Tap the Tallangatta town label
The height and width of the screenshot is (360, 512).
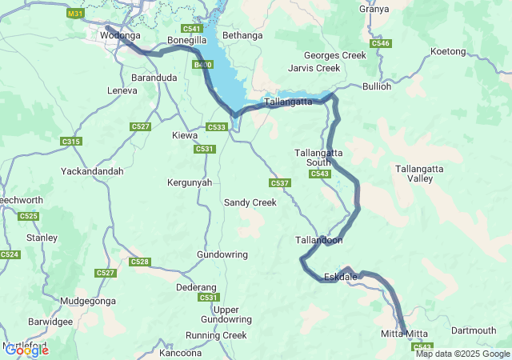(288, 102)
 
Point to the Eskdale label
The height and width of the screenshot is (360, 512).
(341, 277)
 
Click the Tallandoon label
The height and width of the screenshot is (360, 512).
(319, 240)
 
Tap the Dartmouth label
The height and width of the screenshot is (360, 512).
(474, 330)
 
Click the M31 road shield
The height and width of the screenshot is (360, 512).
(75, 14)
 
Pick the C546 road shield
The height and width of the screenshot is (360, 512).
(381, 43)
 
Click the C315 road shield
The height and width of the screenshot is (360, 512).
(71, 142)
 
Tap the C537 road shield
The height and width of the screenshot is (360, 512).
(279, 183)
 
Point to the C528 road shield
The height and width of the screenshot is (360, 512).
(139, 262)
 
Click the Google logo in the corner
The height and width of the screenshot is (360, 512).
(26, 350)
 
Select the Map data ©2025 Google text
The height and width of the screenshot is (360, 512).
(462, 354)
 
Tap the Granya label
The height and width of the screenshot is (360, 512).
(374, 9)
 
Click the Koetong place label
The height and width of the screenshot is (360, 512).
(448, 51)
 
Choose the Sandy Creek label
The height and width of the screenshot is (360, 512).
(250, 202)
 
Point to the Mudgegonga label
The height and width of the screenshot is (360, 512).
(82, 301)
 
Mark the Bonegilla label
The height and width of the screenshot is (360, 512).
(187, 40)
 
